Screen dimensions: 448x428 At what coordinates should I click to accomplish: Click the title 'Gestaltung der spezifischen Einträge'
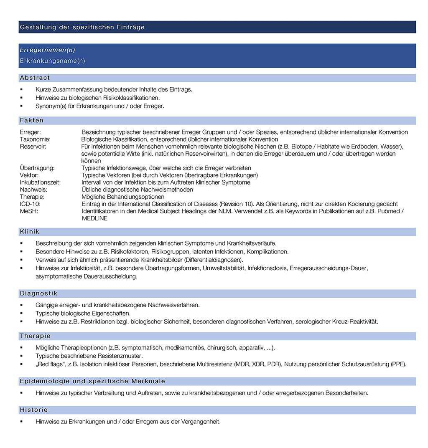click(82, 28)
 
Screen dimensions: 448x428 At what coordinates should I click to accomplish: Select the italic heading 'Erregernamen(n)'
click(47, 50)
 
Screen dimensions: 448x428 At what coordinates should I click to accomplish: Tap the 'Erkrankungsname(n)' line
click(52, 61)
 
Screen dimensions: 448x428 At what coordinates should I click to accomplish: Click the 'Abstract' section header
click(35, 78)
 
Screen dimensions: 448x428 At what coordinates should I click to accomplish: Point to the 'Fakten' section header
click(32, 121)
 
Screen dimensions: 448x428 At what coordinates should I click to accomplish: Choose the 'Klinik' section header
click(30, 232)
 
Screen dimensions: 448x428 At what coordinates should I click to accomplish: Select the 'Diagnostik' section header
click(38, 294)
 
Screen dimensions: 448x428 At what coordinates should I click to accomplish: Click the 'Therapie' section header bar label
click(35, 336)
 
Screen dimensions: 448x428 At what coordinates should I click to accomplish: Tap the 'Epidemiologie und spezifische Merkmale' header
click(92, 381)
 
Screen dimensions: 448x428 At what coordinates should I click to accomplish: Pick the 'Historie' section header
click(34, 410)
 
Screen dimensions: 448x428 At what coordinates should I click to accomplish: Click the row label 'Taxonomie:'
click(35, 139)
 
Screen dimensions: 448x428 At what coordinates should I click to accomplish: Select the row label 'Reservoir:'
click(33, 147)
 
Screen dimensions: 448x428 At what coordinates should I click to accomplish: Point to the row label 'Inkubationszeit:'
click(40, 182)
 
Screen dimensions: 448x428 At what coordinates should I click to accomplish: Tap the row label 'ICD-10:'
click(30, 204)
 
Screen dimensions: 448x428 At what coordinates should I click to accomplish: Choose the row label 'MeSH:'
click(28, 211)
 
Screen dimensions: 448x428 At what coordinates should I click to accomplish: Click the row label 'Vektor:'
click(29, 175)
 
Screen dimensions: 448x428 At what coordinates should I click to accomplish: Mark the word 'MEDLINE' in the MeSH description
click(94, 218)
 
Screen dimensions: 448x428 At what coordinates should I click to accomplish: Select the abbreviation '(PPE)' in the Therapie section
click(398, 364)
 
